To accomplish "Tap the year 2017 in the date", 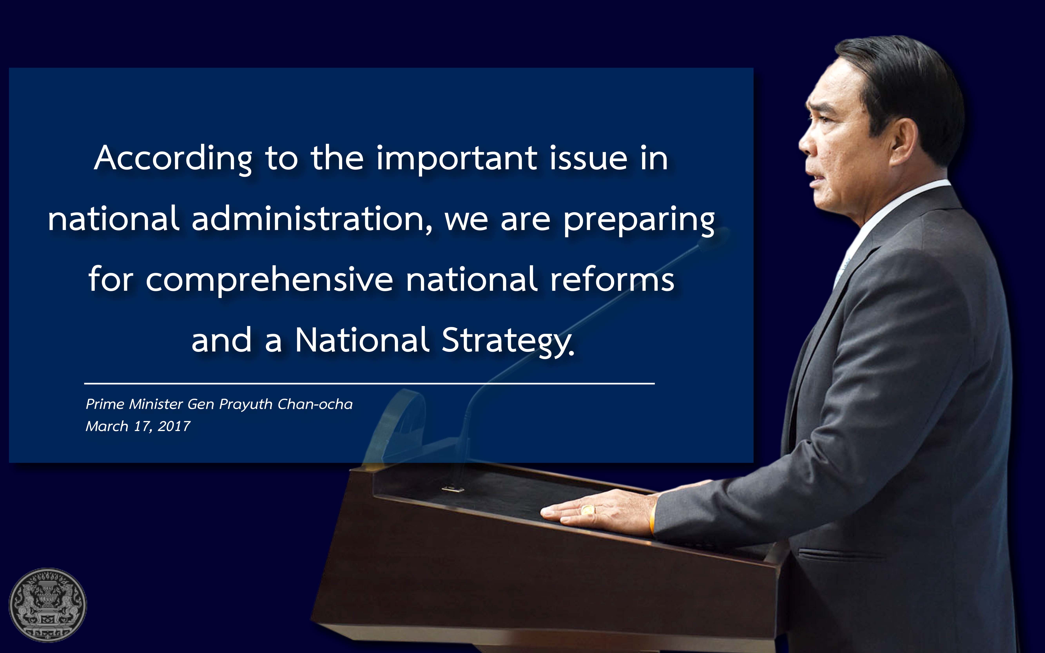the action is click(174, 426).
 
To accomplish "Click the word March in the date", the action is click(107, 426).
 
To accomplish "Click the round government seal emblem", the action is click(48, 605).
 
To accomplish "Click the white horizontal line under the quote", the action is click(369, 383).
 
